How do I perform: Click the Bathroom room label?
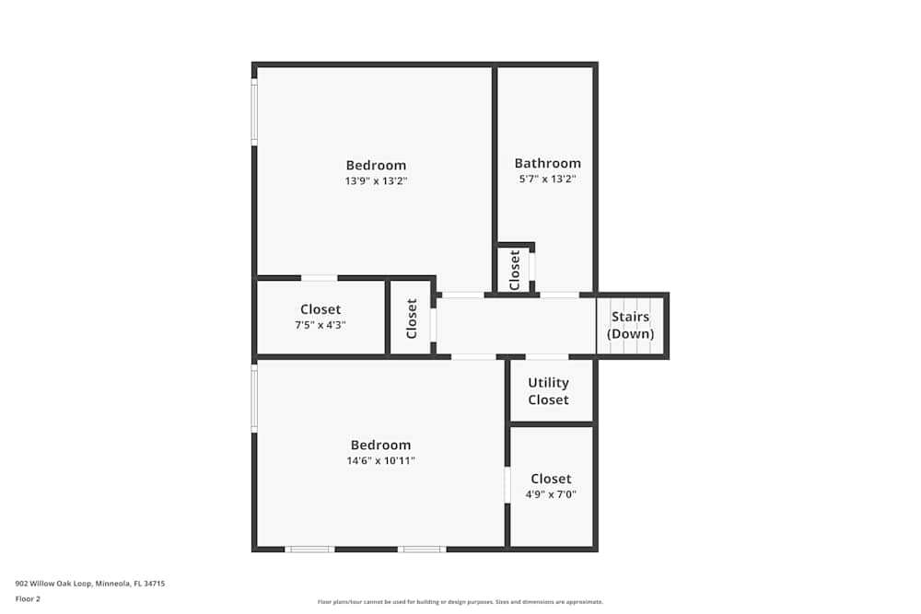point(547,163)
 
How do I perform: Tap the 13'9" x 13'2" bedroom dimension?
point(376,181)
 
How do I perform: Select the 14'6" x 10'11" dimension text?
point(380,460)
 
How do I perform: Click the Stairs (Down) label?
point(631,325)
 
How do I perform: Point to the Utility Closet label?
point(548,391)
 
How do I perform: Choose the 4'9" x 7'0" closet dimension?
point(551,494)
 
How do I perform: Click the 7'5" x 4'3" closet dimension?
point(321,325)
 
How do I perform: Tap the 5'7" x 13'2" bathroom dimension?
point(547,180)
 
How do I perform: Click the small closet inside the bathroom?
point(515,269)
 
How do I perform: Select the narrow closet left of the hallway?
point(411,319)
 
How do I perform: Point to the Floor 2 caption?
point(28,598)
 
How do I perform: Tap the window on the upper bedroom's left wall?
point(254,110)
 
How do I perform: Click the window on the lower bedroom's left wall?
point(254,397)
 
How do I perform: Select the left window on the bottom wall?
point(309,550)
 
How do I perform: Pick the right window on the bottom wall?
point(422,550)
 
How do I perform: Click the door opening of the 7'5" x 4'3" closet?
point(319,278)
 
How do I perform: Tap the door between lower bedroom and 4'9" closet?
point(507,485)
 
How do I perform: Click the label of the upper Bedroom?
point(376,166)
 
